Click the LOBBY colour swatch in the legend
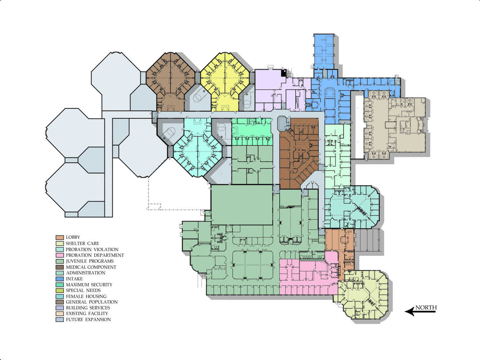pos(59,237)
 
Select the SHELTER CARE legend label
pos(82,243)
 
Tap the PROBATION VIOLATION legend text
pos(92,249)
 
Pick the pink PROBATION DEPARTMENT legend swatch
pos(59,255)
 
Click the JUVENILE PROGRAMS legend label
pos(90,261)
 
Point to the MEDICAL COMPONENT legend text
pos(91,267)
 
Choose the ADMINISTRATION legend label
pos(85,273)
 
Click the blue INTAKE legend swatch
pos(59,279)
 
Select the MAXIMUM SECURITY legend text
pos(89,285)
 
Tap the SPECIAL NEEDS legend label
pos(83,290)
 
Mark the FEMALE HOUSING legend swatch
pos(59,296)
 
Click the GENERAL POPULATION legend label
pos(91,302)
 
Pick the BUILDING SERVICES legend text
pos(88,308)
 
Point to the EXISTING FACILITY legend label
pos(87,314)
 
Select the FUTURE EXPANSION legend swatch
pos(59,320)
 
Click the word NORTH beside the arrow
pos(426,307)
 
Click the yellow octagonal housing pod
pos(225,82)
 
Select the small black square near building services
pos(283,73)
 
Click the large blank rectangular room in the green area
pos(242,205)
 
